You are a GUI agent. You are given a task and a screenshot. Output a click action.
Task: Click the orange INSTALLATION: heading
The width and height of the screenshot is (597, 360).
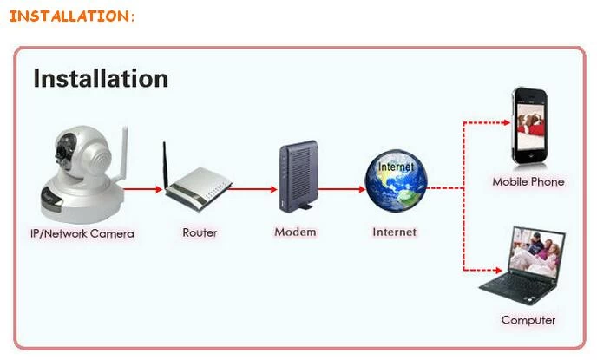pos(72,16)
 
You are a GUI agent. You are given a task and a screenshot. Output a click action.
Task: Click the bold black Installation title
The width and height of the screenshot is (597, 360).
pos(101,79)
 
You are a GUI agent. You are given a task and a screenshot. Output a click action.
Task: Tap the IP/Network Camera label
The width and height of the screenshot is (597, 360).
pos(82,233)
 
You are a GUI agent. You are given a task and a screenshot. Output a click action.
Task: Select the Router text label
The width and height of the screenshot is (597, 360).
pos(200,232)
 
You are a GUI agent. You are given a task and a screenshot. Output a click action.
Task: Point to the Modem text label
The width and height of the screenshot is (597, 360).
pos(295,232)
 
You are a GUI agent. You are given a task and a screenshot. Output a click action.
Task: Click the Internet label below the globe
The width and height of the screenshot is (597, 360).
pos(395,232)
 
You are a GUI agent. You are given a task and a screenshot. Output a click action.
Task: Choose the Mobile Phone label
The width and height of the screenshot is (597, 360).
pos(528,182)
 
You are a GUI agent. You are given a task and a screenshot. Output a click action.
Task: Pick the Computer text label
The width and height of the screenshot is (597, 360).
pos(528,320)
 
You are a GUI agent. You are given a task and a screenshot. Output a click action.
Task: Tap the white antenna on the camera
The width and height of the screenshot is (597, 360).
pos(122,155)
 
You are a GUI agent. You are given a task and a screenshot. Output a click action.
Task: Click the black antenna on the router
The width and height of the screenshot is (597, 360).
pos(166,165)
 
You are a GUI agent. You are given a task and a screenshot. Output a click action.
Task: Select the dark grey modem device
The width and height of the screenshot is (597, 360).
pos(298,176)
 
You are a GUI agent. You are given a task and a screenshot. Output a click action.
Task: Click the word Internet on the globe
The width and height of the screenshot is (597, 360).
pos(396,167)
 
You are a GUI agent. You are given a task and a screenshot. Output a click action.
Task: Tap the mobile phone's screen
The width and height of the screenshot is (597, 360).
pos(531,126)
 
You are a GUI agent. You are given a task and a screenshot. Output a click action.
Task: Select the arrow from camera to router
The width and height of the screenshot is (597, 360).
pos(143,189)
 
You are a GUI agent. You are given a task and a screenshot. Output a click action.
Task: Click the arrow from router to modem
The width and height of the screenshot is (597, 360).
pos(252,189)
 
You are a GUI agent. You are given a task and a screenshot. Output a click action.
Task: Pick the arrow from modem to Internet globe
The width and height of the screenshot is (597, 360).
pos(342,189)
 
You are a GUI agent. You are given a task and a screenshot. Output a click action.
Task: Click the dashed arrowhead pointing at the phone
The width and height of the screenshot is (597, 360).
pos(507,122)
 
